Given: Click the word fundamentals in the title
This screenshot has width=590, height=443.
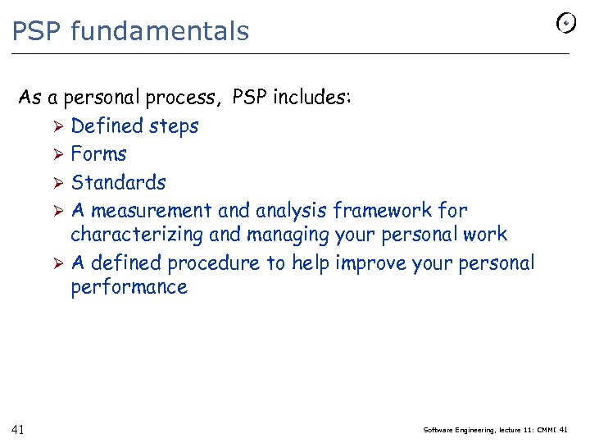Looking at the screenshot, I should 160,31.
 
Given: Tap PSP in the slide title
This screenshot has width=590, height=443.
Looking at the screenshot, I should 38,31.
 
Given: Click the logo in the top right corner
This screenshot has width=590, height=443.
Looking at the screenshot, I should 565,24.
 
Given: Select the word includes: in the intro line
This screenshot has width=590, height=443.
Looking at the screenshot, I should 311,98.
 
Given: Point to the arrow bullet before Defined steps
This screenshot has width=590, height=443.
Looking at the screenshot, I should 57,126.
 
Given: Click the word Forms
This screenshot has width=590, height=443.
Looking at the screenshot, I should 98,154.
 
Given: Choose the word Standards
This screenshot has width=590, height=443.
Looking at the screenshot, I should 118,182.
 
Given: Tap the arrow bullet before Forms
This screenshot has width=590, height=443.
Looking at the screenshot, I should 57,154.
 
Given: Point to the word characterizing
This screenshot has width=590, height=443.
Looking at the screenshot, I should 137,235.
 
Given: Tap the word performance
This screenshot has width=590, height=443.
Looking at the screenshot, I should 129,287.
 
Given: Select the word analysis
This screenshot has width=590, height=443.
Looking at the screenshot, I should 290,211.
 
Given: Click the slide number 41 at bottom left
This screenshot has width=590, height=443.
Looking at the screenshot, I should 18,429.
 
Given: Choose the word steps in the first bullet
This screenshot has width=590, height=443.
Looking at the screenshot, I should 173,126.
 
